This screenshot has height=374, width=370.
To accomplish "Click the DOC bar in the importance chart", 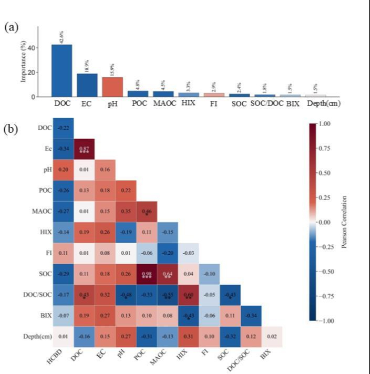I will point(61,70).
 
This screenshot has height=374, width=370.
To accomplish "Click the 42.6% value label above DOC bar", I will point(62,37).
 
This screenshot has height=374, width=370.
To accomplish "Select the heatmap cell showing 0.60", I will point(188,296).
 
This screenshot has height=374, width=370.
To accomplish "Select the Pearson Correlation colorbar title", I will point(345,222).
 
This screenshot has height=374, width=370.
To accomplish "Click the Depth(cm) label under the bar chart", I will point(323,104).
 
